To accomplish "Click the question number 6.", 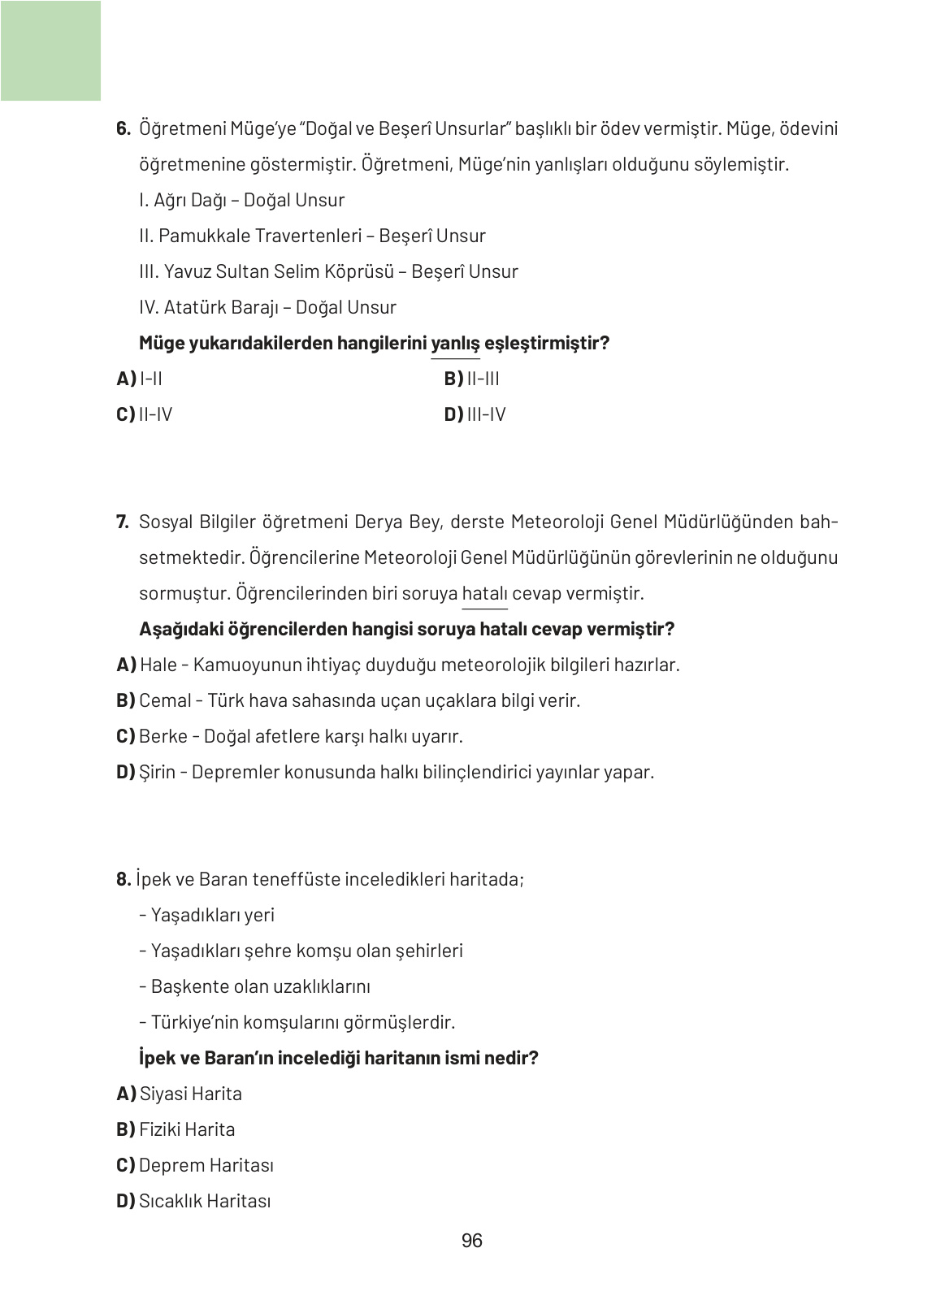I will (124, 129).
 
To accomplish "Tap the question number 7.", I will (124, 522).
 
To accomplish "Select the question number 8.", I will (124, 879).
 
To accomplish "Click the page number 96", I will (471, 1241).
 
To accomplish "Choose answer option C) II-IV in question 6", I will (145, 414).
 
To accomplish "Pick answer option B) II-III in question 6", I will (472, 379).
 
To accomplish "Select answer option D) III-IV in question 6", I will (475, 414).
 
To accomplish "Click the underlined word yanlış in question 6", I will (455, 344).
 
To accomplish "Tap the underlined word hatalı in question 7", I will (484, 593).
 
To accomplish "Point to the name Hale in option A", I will (158, 665).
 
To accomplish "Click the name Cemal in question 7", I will (165, 700).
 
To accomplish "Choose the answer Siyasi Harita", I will (190, 1094).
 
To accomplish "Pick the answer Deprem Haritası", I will (206, 1165).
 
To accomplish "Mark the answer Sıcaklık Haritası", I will (204, 1201).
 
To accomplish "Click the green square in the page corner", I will (50, 50).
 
